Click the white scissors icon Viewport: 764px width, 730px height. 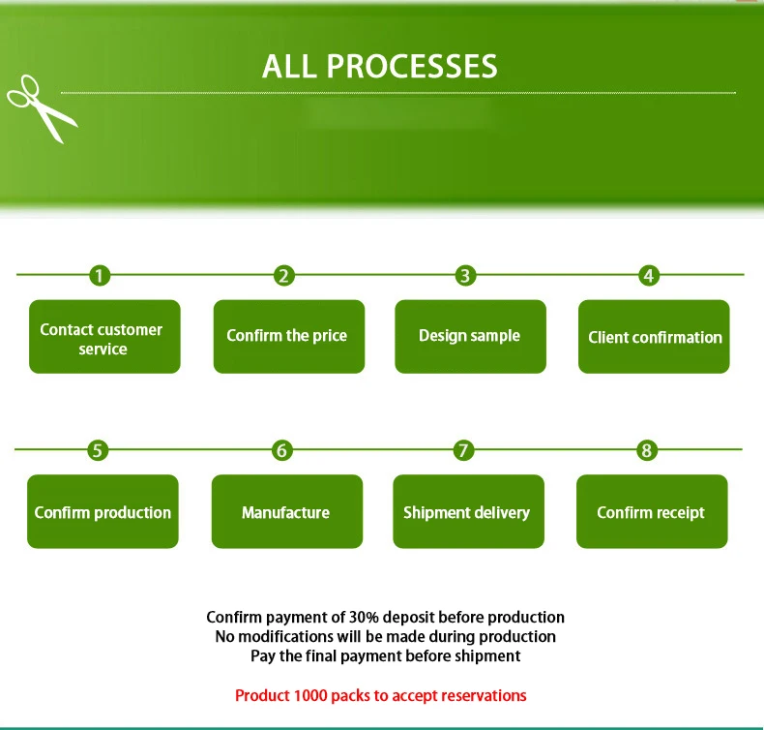coord(42,107)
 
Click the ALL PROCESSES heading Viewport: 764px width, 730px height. coord(380,66)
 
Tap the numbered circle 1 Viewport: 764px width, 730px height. coord(100,276)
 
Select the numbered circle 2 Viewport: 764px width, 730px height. coord(283,276)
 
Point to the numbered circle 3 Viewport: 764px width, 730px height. coord(465,276)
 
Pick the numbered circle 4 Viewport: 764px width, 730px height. coord(649,276)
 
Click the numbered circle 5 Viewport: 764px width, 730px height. coord(98,450)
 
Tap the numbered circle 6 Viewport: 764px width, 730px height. coord(281,450)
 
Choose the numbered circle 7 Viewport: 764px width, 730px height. coord(464,450)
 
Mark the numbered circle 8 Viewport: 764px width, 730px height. coord(647,450)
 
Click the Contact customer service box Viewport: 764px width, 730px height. coord(104,337)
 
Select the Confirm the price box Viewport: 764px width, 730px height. coord(288,337)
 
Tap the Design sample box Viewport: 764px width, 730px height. coord(470,337)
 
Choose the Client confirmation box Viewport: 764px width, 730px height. coord(654,337)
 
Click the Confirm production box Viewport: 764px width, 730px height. coord(103,511)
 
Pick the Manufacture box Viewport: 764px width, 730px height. coord(286,511)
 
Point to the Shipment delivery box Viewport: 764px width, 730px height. coord(468,511)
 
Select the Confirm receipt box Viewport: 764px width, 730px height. coord(652,511)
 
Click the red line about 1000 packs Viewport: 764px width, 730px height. coord(381,695)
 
